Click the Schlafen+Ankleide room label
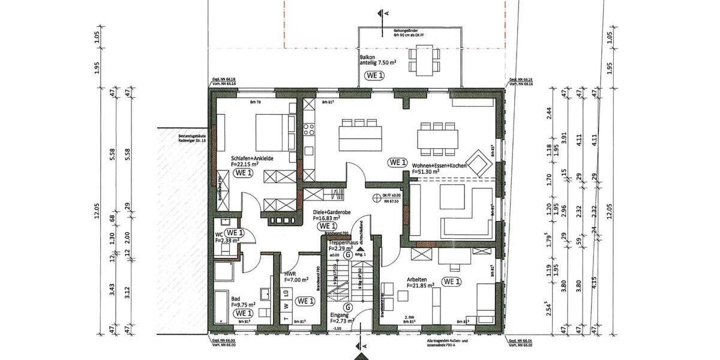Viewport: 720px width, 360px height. click(x=253, y=158)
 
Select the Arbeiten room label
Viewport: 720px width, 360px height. click(x=416, y=280)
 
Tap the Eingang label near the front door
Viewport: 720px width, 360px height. click(x=340, y=314)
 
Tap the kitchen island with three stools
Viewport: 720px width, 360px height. click(x=361, y=135)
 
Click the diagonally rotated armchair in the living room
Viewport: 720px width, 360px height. click(x=480, y=163)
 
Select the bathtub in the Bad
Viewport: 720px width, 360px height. click(x=221, y=307)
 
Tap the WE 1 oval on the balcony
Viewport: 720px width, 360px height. click(x=374, y=76)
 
